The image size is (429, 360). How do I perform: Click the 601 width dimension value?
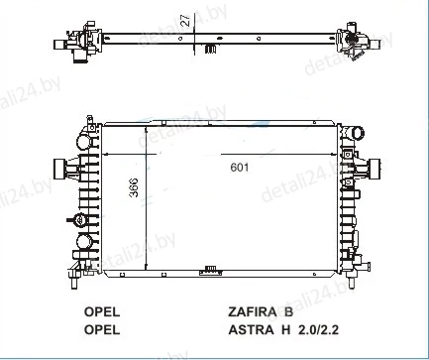240,168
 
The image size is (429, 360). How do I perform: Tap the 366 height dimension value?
134,187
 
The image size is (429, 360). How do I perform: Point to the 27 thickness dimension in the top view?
186,20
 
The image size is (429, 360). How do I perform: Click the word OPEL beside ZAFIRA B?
102,311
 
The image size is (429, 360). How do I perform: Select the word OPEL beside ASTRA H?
102,329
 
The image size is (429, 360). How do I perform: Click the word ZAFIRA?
252,311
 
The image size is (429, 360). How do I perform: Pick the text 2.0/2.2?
318,329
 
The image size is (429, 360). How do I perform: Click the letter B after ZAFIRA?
288,311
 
